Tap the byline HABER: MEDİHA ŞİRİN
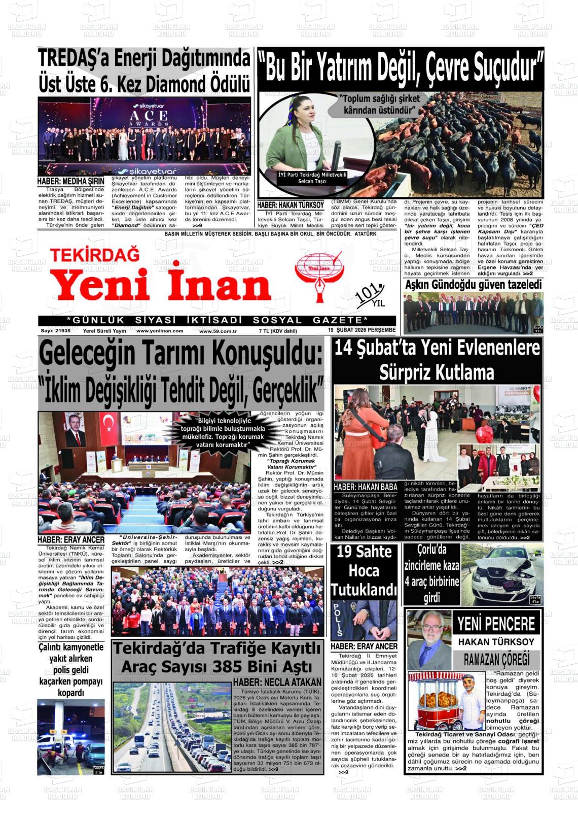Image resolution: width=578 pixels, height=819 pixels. coord(70,181)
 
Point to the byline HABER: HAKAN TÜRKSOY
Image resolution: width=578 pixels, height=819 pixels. coord(291,205)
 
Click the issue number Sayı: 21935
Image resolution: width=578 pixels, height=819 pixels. coord(55,331)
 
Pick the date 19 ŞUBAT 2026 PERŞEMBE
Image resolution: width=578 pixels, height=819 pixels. coord(362,330)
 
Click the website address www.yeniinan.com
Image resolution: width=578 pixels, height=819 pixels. coord(160,331)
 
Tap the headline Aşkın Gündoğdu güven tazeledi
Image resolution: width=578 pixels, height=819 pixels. coord(473,285)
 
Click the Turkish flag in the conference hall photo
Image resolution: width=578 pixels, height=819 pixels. coord(107,425)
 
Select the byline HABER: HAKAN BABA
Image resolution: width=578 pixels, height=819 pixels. coord(365,487)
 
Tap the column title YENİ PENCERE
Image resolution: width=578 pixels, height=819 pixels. coord(496,624)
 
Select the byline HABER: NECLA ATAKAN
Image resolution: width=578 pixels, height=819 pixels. coord(277,682)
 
